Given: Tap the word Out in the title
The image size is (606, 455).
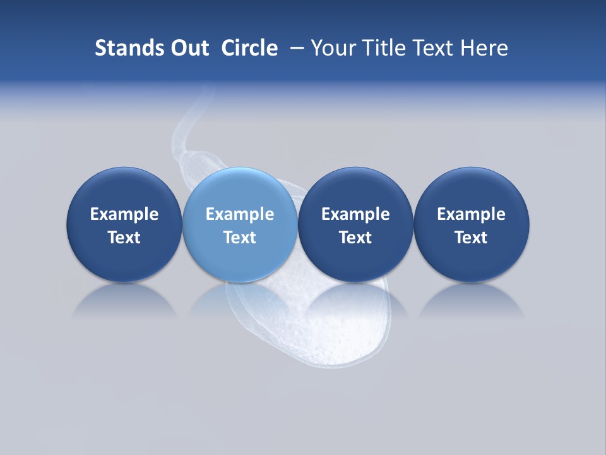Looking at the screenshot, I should (x=188, y=48).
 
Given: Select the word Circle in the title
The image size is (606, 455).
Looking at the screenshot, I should (x=249, y=48).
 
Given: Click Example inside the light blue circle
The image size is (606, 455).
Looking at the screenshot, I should (x=240, y=214).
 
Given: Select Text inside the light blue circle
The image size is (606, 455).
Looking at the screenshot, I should (x=240, y=238).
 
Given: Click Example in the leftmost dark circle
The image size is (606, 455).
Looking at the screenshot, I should (x=124, y=214).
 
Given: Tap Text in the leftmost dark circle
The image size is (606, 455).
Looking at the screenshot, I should (x=124, y=238).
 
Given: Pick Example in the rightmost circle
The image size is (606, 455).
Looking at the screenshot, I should (x=471, y=214).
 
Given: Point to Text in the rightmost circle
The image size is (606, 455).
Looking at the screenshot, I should (x=471, y=238).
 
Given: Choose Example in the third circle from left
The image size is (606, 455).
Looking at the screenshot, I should (x=355, y=214).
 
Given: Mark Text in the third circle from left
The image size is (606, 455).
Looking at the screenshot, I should (x=355, y=238).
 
